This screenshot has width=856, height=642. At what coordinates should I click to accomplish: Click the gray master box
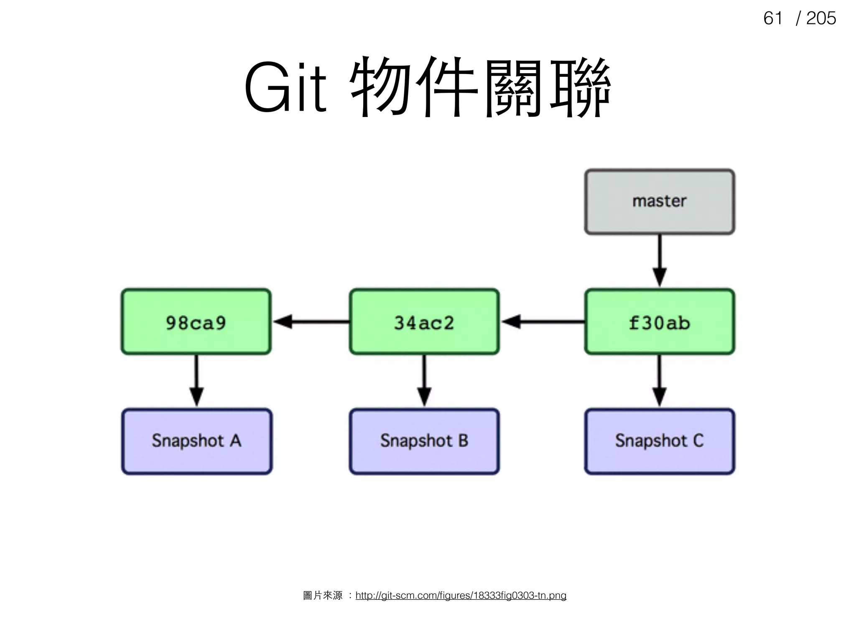(x=660, y=201)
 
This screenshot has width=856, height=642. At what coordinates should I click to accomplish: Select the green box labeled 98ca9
(x=196, y=322)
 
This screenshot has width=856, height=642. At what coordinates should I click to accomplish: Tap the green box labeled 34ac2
(x=424, y=322)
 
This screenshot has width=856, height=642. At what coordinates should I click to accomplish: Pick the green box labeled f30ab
(x=660, y=322)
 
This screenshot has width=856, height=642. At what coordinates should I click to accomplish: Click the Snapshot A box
(x=196, y=441)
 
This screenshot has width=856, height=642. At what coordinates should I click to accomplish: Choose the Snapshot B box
(x=424, y=441)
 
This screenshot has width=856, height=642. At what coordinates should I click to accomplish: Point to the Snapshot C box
(x=660, y=441)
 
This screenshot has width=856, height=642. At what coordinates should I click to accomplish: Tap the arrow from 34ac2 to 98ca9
(x=311, y=322)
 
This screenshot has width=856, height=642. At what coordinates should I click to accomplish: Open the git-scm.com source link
(x=461, y=595)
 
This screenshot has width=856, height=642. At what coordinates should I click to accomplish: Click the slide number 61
(x=772, y=18)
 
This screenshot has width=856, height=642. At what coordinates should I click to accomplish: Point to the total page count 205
(x=821, y=18)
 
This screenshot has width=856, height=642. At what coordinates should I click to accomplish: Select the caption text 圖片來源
(x=323, y=595)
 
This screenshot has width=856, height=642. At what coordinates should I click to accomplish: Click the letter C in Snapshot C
(x=698, y=441)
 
